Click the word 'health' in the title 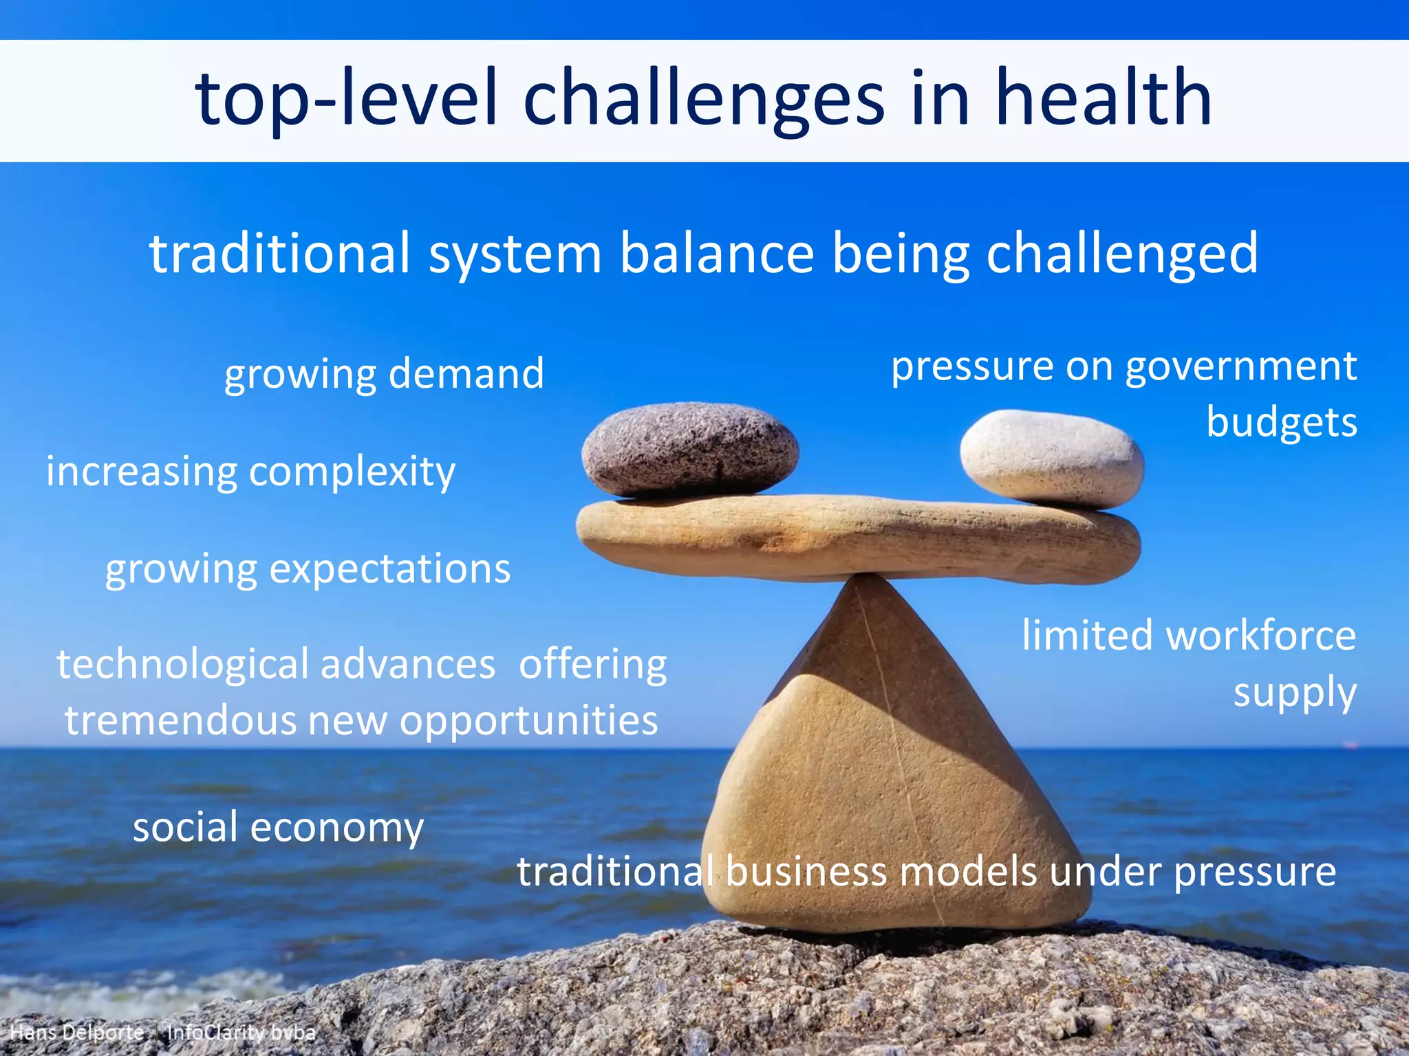[1104, 98]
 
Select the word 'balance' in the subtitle [717, 253]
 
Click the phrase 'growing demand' [384, 374]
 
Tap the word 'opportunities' [528, 720]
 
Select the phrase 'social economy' [278, 827]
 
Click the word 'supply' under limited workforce [1294, 692]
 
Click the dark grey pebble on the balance [689, 448]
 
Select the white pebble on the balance [1051, 459]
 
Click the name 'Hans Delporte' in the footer [77, 1033]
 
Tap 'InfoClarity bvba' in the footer [241, 1033]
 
